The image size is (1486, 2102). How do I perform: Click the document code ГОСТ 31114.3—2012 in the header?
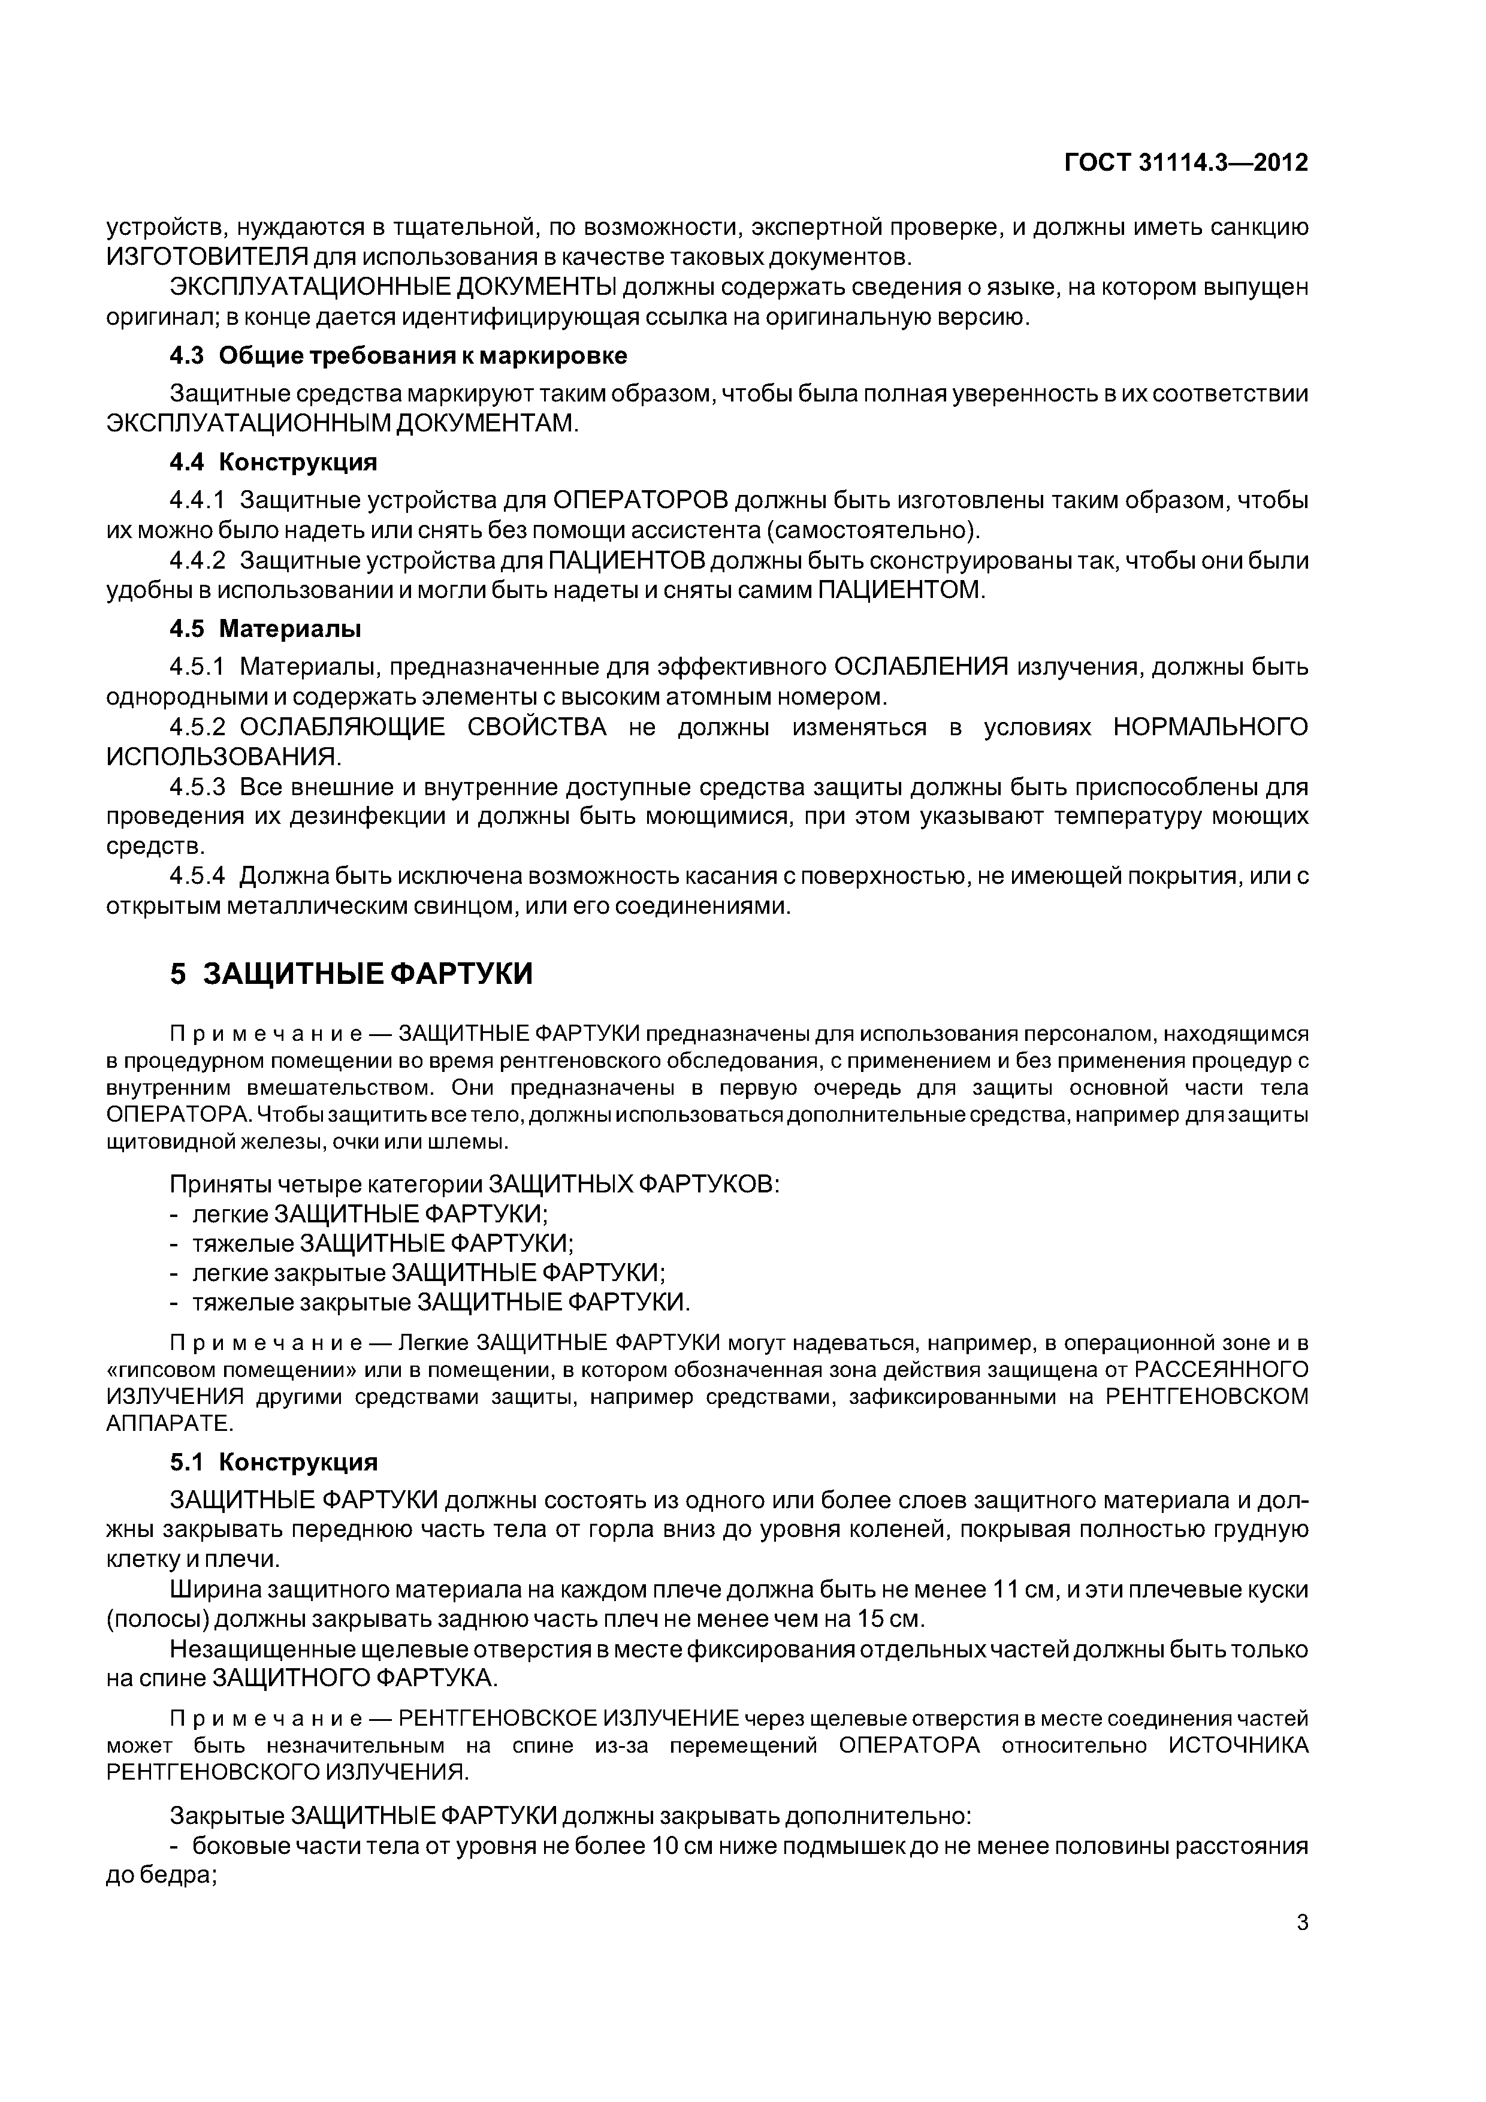click(x=1186, y=163)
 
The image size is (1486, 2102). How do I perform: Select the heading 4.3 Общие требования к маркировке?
click(x=398, y=355)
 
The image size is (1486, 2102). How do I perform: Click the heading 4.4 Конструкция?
click(x=273, y=463)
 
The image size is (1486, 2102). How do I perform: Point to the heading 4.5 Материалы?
click(x=265, y=629)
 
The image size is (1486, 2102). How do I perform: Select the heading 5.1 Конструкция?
click(x=273, y=1462)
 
